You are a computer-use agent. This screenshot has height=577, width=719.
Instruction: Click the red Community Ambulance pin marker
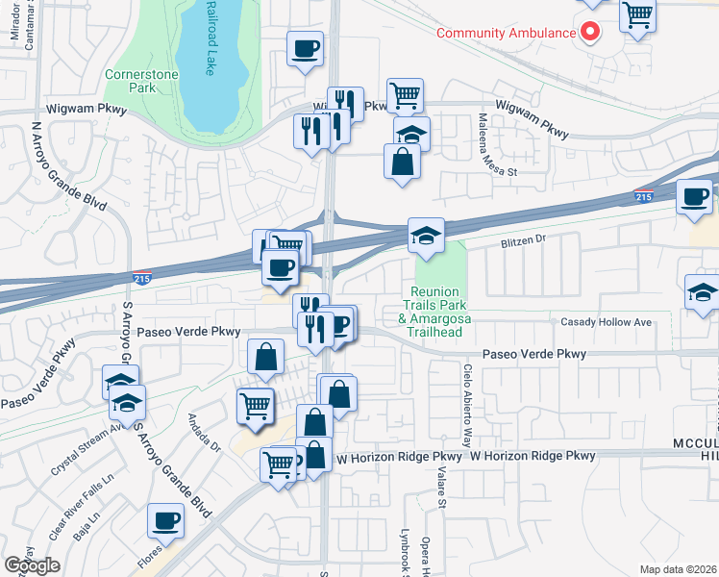[x=589, y=32]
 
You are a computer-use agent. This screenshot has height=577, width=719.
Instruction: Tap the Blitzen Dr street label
[x=523, y=240]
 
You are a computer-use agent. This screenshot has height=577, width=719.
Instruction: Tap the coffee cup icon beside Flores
[x=165, y=520]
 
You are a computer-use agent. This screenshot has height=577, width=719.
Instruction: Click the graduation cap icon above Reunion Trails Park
[x=426, y=234]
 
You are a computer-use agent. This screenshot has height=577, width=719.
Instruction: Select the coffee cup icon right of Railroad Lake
[x=305, y=47]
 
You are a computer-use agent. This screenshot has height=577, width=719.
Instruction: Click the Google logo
[x=32, y=565]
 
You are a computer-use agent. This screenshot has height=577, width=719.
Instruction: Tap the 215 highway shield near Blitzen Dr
[x=644, y=196]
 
